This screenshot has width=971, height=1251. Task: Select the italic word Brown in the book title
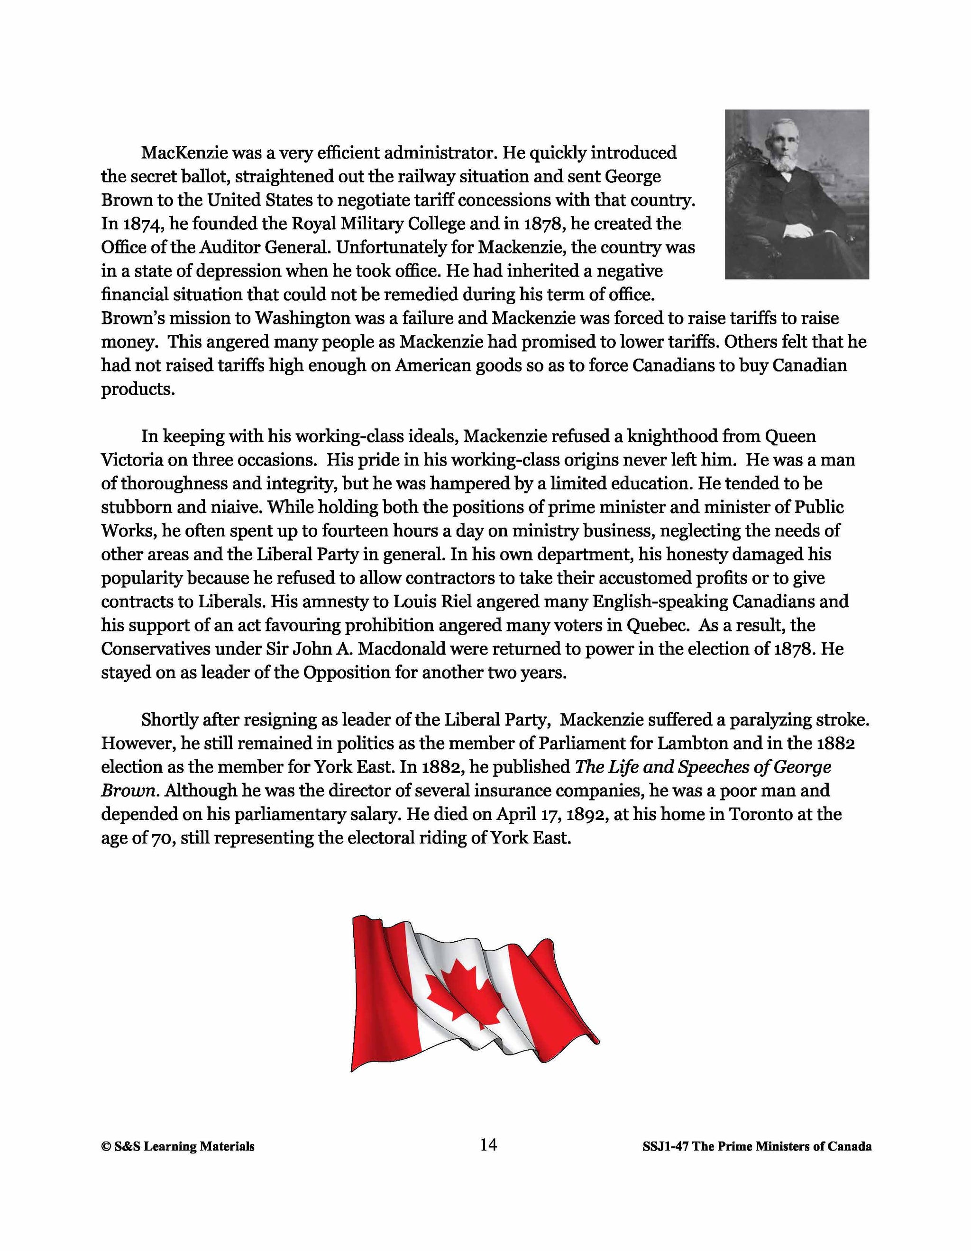pyautogui.click(x=128, y=791)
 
